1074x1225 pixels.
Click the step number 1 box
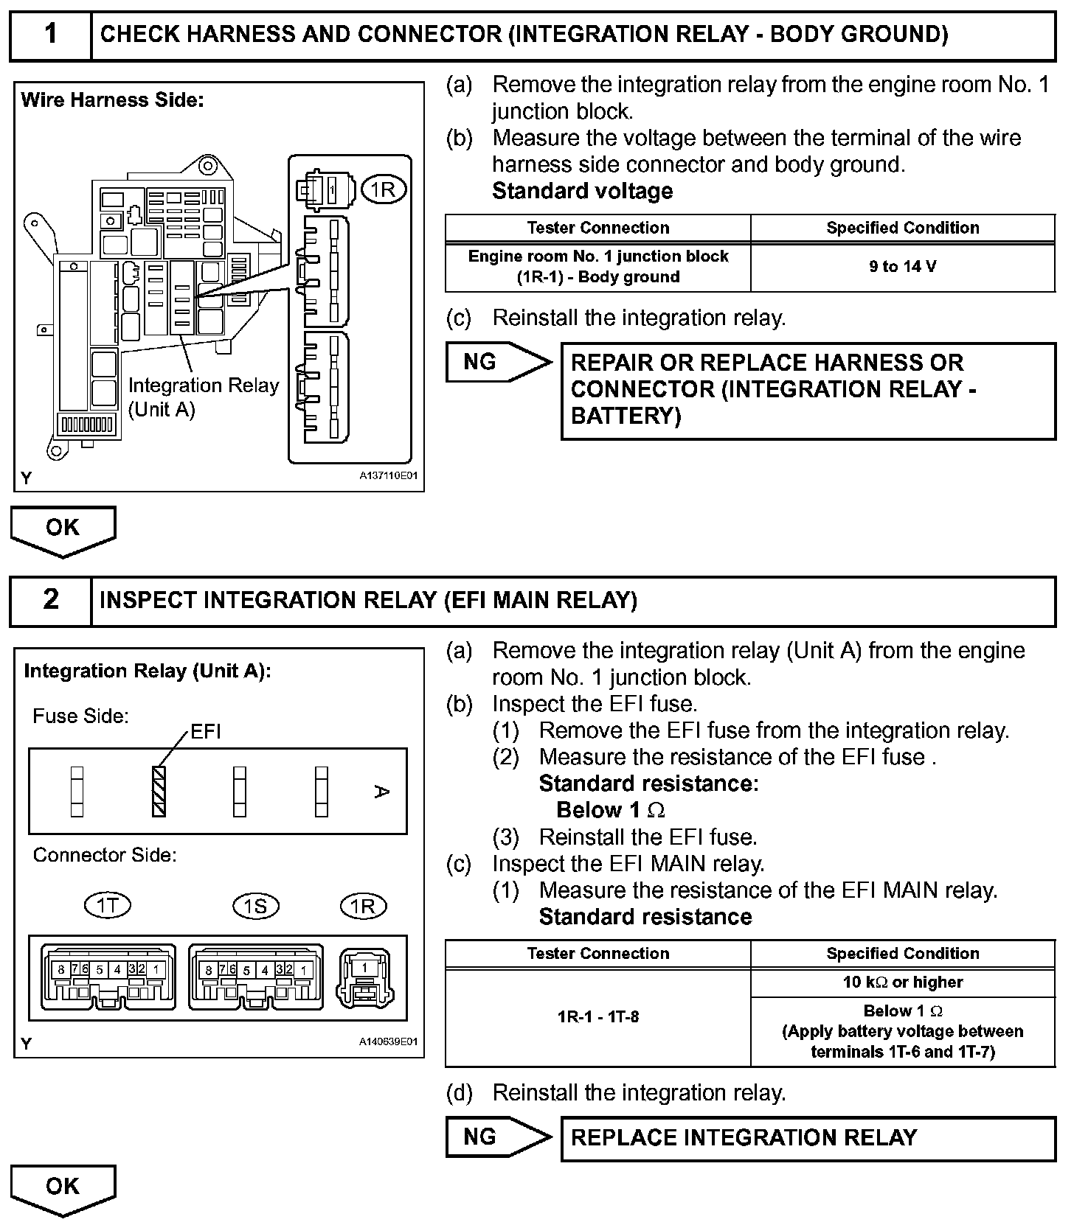click(x=50, y=35)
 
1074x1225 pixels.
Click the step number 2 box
click(x=50, y=600)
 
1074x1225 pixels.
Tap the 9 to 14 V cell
click(x=902, y=267)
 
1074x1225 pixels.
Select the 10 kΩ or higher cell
click(x=902, y=983)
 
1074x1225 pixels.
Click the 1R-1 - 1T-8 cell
click(x=597, y=1017)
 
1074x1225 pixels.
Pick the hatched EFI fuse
click(x=159, y=792)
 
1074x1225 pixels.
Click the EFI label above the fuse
click(x=205, y=732)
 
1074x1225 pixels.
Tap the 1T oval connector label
click(x=108, y=905)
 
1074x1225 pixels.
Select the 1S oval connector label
click(x=255, y=905)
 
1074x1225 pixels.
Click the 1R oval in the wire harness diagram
click(x=383, y=190)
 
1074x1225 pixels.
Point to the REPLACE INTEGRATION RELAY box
click(x=808, y=1138)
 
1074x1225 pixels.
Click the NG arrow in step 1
click(x=498, y=362)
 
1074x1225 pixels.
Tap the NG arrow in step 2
click(x=498, y=1137)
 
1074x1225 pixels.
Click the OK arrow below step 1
click(x=63, y=529)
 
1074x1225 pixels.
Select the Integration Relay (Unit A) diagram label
click(x=203, y=397)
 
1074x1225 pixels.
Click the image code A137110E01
click(x=388, y=476)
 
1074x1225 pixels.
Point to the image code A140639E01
click(x=388, y=1042)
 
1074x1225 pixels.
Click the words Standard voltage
click(x=582, y=192)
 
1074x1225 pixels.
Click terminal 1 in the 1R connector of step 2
click(x=364, y=968)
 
